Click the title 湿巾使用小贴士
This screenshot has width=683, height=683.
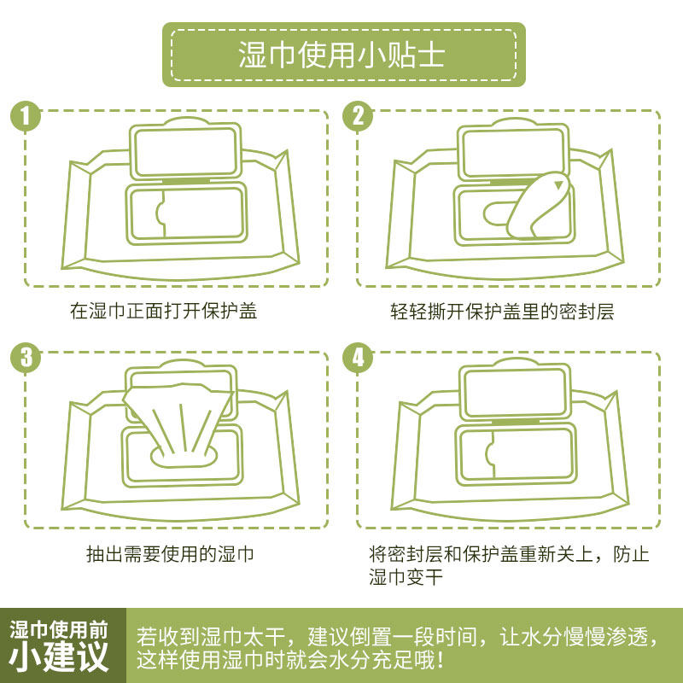click(x=341, y=55)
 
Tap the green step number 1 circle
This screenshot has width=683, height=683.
click(x=26, y=116)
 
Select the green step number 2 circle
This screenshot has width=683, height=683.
click(x=358, y=116)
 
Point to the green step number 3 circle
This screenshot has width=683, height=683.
click(x=26, y=358)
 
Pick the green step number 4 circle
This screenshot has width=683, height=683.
click(x=358, y=358)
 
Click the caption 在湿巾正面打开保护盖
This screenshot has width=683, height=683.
click(x=164, y=311)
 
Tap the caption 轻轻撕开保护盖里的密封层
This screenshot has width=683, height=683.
click(x=502, y=312)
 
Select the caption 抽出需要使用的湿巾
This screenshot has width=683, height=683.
click(x=170, y=554)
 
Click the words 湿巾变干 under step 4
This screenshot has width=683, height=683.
click(x=406, y=577)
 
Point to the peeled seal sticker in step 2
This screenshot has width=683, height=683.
click(x=540, y=205)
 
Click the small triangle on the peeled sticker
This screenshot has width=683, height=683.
click(x=558, y=185)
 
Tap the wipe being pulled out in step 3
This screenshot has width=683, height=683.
click(x=178, y=418)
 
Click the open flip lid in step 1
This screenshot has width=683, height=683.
click(x=185, y=150)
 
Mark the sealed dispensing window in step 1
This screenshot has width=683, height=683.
click(x=186, y=213)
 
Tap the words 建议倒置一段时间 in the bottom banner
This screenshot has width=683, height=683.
click(x=392, y=636)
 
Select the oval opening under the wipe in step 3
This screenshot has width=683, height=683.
click(x=184, y=458)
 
